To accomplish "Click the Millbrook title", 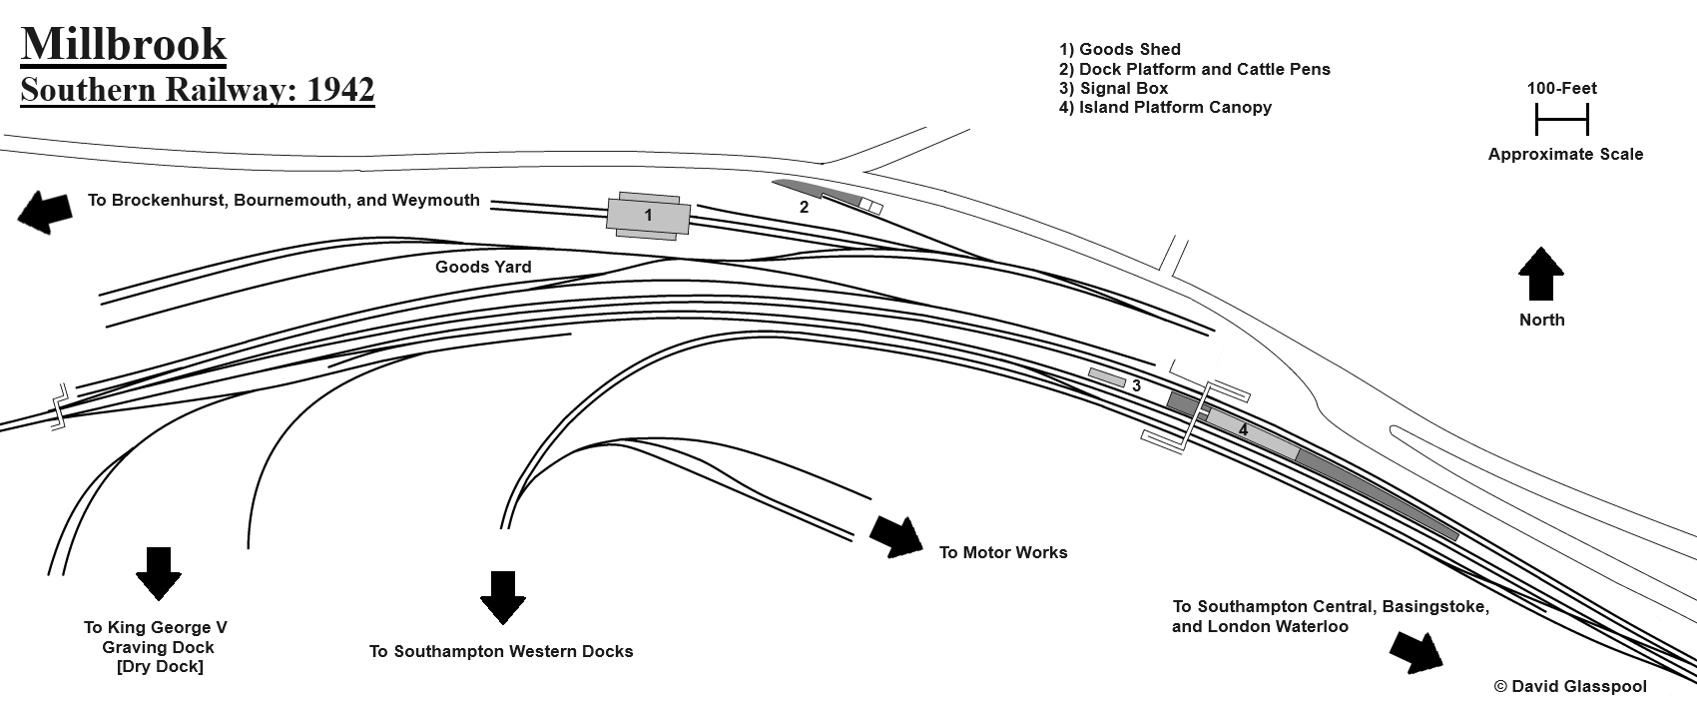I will click(x=123, y=45).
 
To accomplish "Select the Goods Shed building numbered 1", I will click(x=648, y=216).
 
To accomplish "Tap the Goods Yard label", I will click(x=483, y=267).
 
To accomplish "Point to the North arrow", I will click(x=1540, y=275).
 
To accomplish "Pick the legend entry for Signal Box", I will click(x=1113, y=88).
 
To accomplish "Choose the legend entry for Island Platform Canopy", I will click(x=1165, y=107).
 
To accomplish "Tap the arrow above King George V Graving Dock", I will click(x=158, y=573).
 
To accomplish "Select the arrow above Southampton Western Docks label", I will click(x=502, y=597).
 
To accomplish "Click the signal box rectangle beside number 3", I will click(x=1107, y=377).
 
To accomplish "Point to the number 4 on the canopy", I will click(x=1243, y=429).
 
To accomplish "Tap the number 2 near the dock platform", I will click(x=804, y=208).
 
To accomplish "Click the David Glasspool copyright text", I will click(x=1570, y=686).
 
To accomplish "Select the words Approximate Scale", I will click(x=1564, y=154).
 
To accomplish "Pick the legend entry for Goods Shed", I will click(x=1119, y=49).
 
